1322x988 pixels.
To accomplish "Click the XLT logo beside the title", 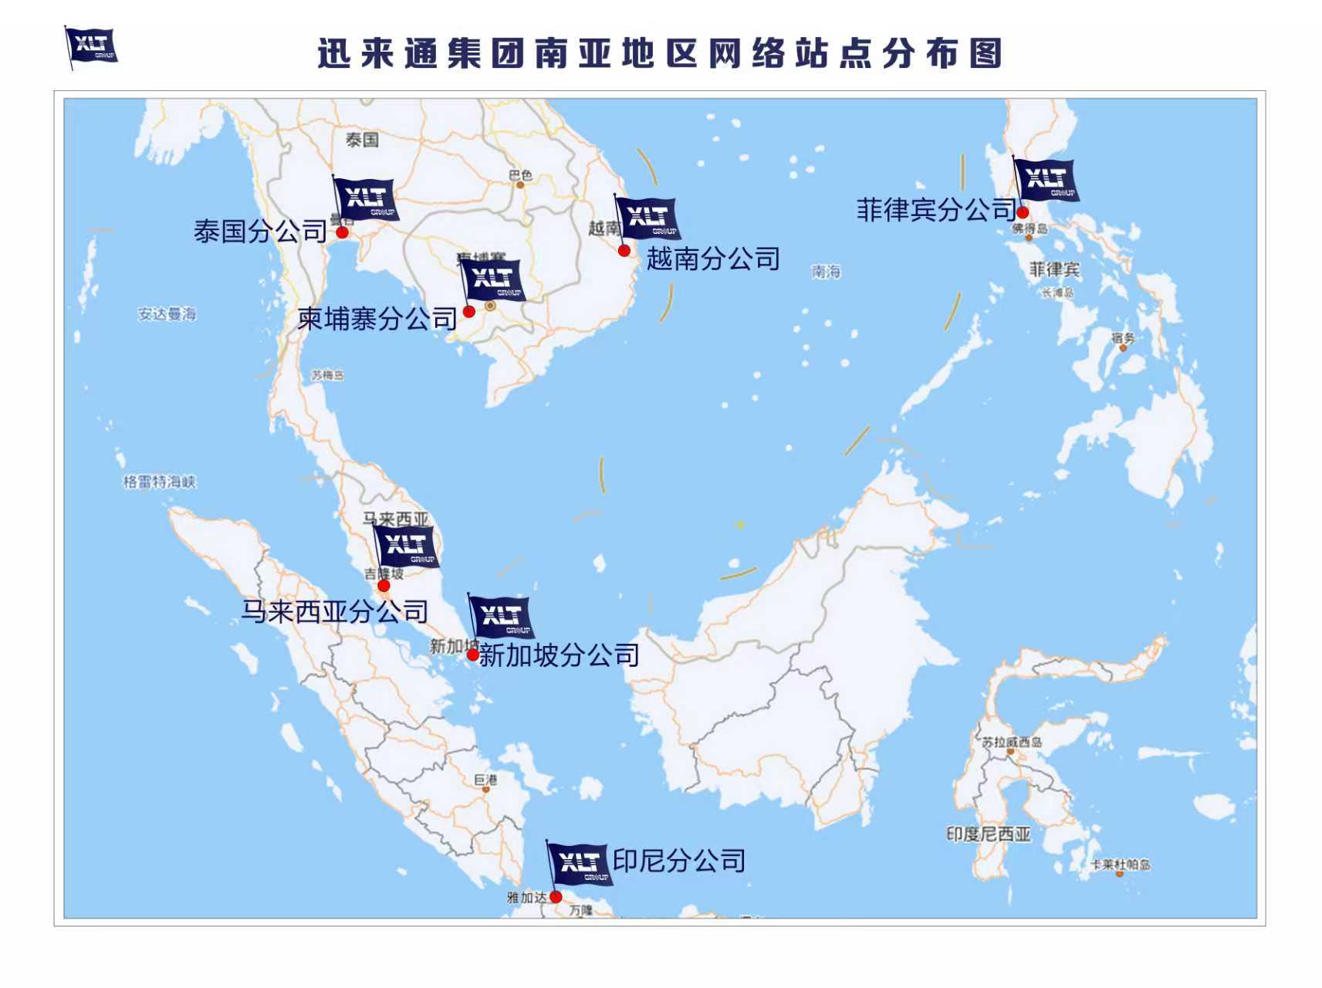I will [x=92, y=46].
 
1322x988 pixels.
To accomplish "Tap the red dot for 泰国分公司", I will [x=343, y=232].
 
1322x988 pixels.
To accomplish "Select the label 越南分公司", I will [x=713, y=259].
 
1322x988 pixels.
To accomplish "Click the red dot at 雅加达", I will [x=556, y=896].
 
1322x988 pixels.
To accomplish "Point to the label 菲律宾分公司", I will [x=935, y=209].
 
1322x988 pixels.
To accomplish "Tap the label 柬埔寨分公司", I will [x=377, y=318].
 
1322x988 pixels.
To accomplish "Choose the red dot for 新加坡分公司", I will [x=473, y=655].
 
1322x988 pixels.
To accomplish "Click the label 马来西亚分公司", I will [x=334, y=611].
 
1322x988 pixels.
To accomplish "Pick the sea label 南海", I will [x=825, y=271].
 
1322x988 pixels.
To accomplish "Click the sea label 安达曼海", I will [x=167, y=314].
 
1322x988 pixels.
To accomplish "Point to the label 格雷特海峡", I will [x=160, y=482].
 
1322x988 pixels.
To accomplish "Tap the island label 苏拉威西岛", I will [x=1011, y=742].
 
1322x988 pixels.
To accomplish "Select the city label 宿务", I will [x=1123, y=337].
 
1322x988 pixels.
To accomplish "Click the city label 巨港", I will [x=485, y=780].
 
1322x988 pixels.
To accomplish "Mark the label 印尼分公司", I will [x=679, y=861].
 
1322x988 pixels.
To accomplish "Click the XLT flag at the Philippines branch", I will [x=1046, y=180].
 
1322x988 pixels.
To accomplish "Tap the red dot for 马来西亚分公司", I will [x=384, y=586].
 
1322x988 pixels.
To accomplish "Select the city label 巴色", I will [x=521, y=175].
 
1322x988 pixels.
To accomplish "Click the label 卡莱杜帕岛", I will [x=1120, y=864].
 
